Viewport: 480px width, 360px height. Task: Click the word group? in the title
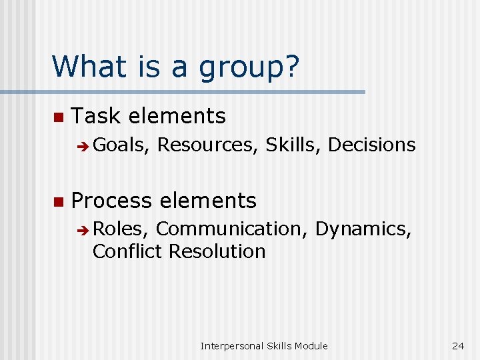[x=248, y=67]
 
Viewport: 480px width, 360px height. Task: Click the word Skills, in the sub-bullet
[x=293, y=145]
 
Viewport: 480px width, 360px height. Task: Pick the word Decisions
[x=372, y=145]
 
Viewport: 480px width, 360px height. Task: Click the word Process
[x=113, y=200]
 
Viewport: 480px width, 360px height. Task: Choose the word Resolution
[x=217, y=251]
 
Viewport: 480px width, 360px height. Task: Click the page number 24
[x=457, y=345]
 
